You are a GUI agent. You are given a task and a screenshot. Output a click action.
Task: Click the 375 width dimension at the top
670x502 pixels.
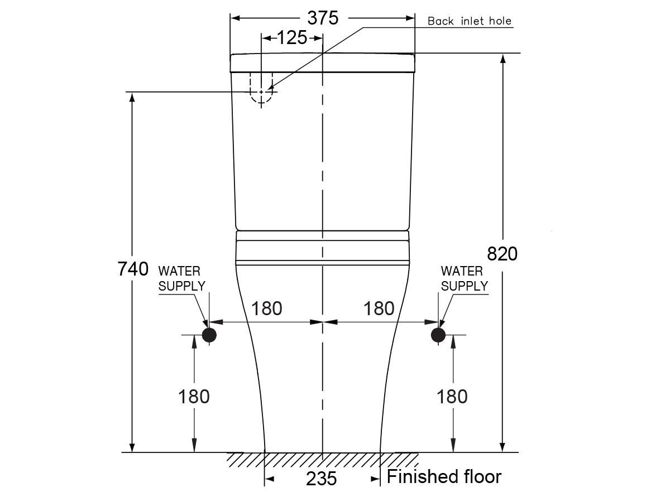point(323,18)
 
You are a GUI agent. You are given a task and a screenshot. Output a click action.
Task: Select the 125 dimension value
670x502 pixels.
point(292,38)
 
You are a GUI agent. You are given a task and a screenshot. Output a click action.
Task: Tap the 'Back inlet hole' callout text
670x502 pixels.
point(469,21)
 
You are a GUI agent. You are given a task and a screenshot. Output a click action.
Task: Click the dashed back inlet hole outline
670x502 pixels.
point(261,88)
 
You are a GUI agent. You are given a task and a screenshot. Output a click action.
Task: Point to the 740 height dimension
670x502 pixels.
point(133,269)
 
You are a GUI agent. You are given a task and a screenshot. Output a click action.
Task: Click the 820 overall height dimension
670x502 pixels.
point(502,254)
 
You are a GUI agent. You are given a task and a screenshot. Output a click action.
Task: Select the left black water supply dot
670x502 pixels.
point(209,335)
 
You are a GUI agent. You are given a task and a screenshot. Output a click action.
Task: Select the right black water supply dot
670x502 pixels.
point(438,335)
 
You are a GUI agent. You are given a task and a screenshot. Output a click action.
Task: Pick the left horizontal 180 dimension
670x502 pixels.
point(266,308)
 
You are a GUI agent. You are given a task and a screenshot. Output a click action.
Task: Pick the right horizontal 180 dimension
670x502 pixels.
point(379,308)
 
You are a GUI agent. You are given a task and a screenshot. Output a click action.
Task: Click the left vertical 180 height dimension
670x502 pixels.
point(194,397)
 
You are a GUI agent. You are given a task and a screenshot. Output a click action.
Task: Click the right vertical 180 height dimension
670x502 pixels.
point(452,397)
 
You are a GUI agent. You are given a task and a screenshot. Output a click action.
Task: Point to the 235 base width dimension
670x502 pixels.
point(322,478)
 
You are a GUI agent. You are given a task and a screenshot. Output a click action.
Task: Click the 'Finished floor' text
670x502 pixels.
point(444,477)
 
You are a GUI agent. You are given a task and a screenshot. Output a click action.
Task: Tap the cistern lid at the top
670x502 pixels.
point(323,62)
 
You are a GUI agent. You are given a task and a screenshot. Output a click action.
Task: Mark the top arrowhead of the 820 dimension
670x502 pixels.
point(503,58)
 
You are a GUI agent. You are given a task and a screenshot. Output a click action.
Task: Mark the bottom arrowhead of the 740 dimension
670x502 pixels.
point(132,447)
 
